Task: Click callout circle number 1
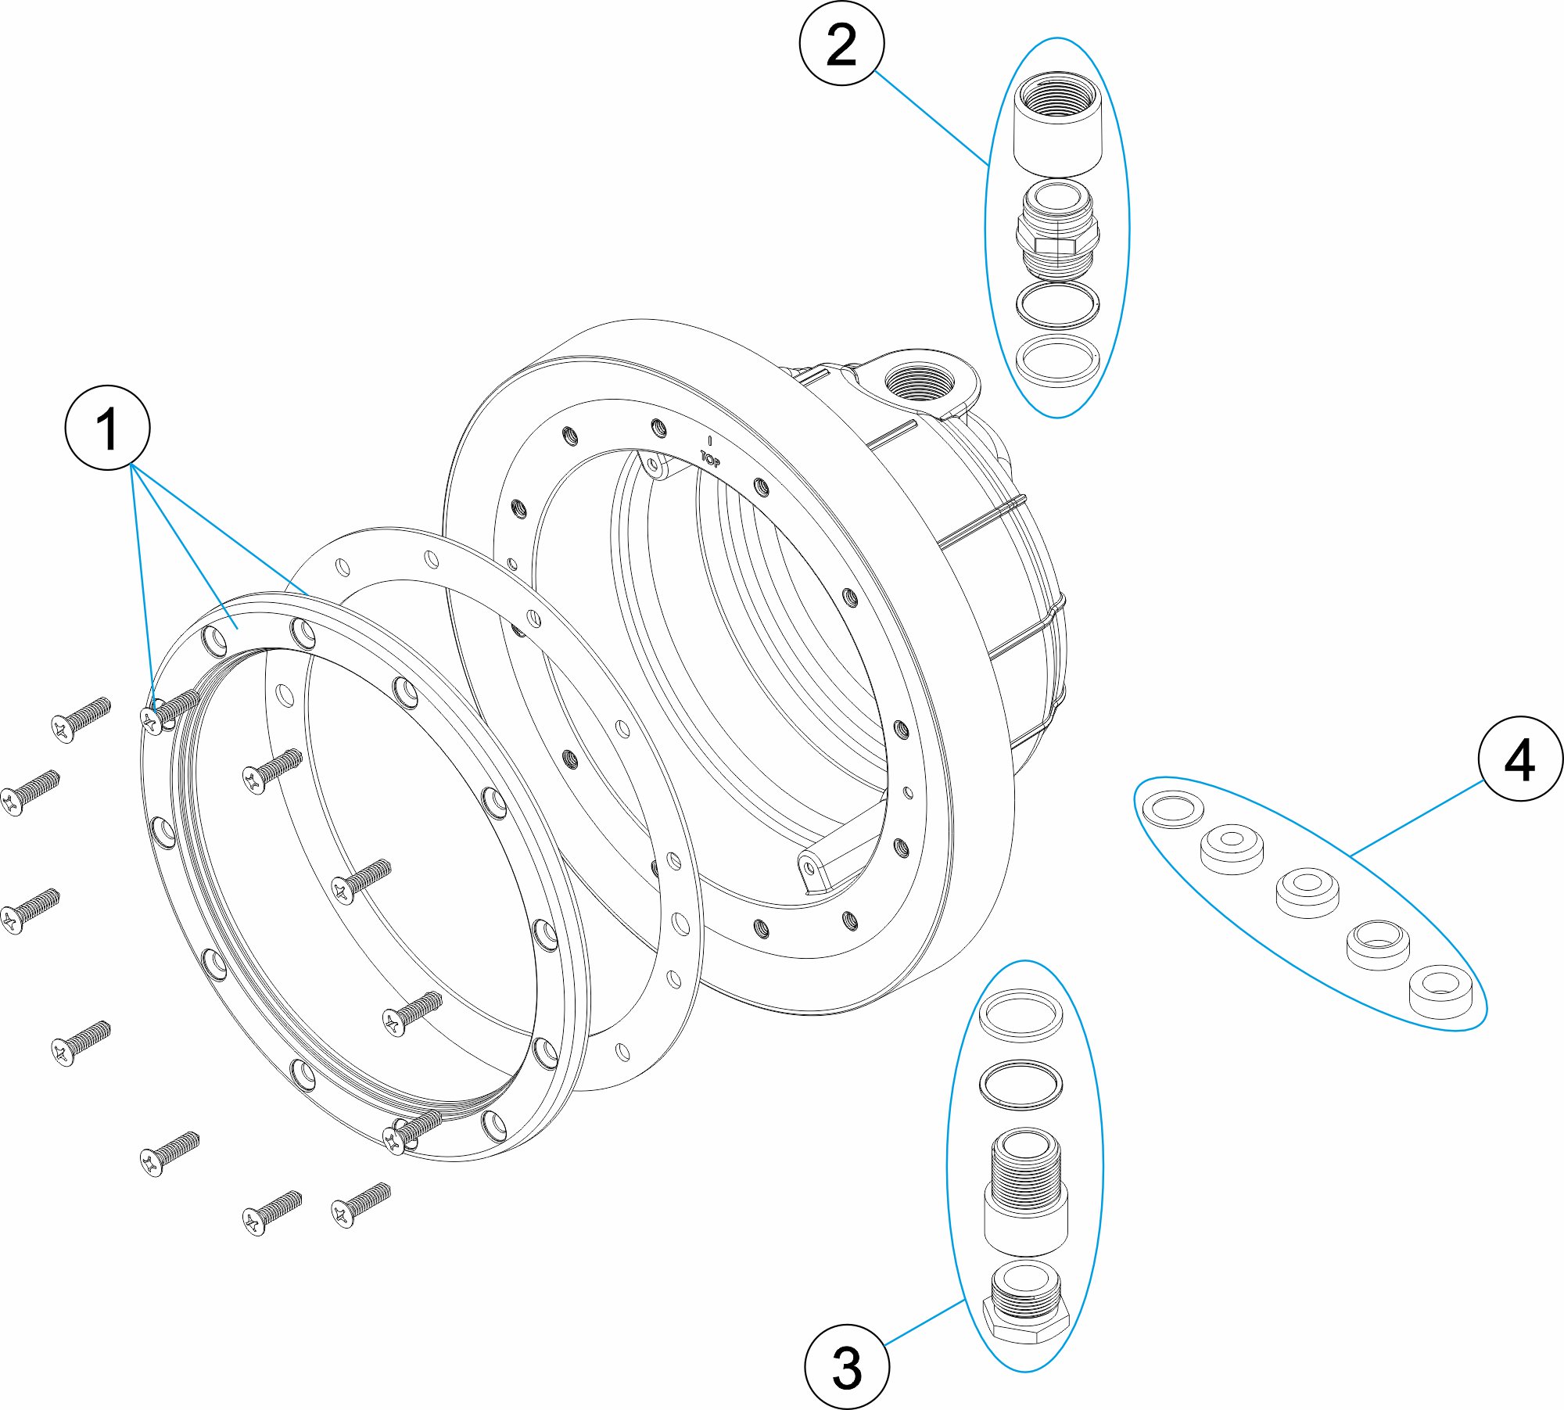pos(107,428)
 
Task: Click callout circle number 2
pos(841,43)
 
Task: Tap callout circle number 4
pos(1520,759)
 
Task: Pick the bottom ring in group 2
pos(1057,360)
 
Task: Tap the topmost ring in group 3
pos(1021,1015)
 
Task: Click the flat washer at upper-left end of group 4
pos(1173,809)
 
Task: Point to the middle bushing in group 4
pos(1307,891)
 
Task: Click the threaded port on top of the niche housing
pos(919,383)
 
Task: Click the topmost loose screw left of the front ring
pos(81,718)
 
